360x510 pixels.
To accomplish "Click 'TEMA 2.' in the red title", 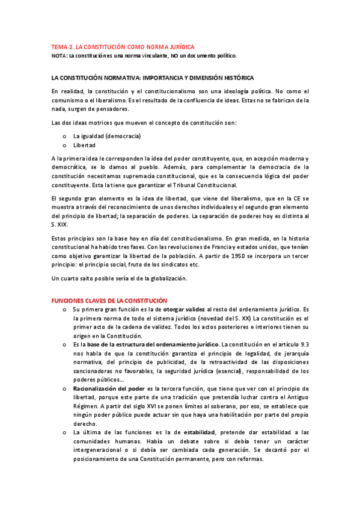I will tap(61, 47).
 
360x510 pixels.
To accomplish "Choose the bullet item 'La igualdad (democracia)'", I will tap(107, 137).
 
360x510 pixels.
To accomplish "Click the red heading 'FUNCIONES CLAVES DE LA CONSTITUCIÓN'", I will tap(109, 301).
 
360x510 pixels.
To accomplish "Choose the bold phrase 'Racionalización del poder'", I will tap(109, 389).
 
